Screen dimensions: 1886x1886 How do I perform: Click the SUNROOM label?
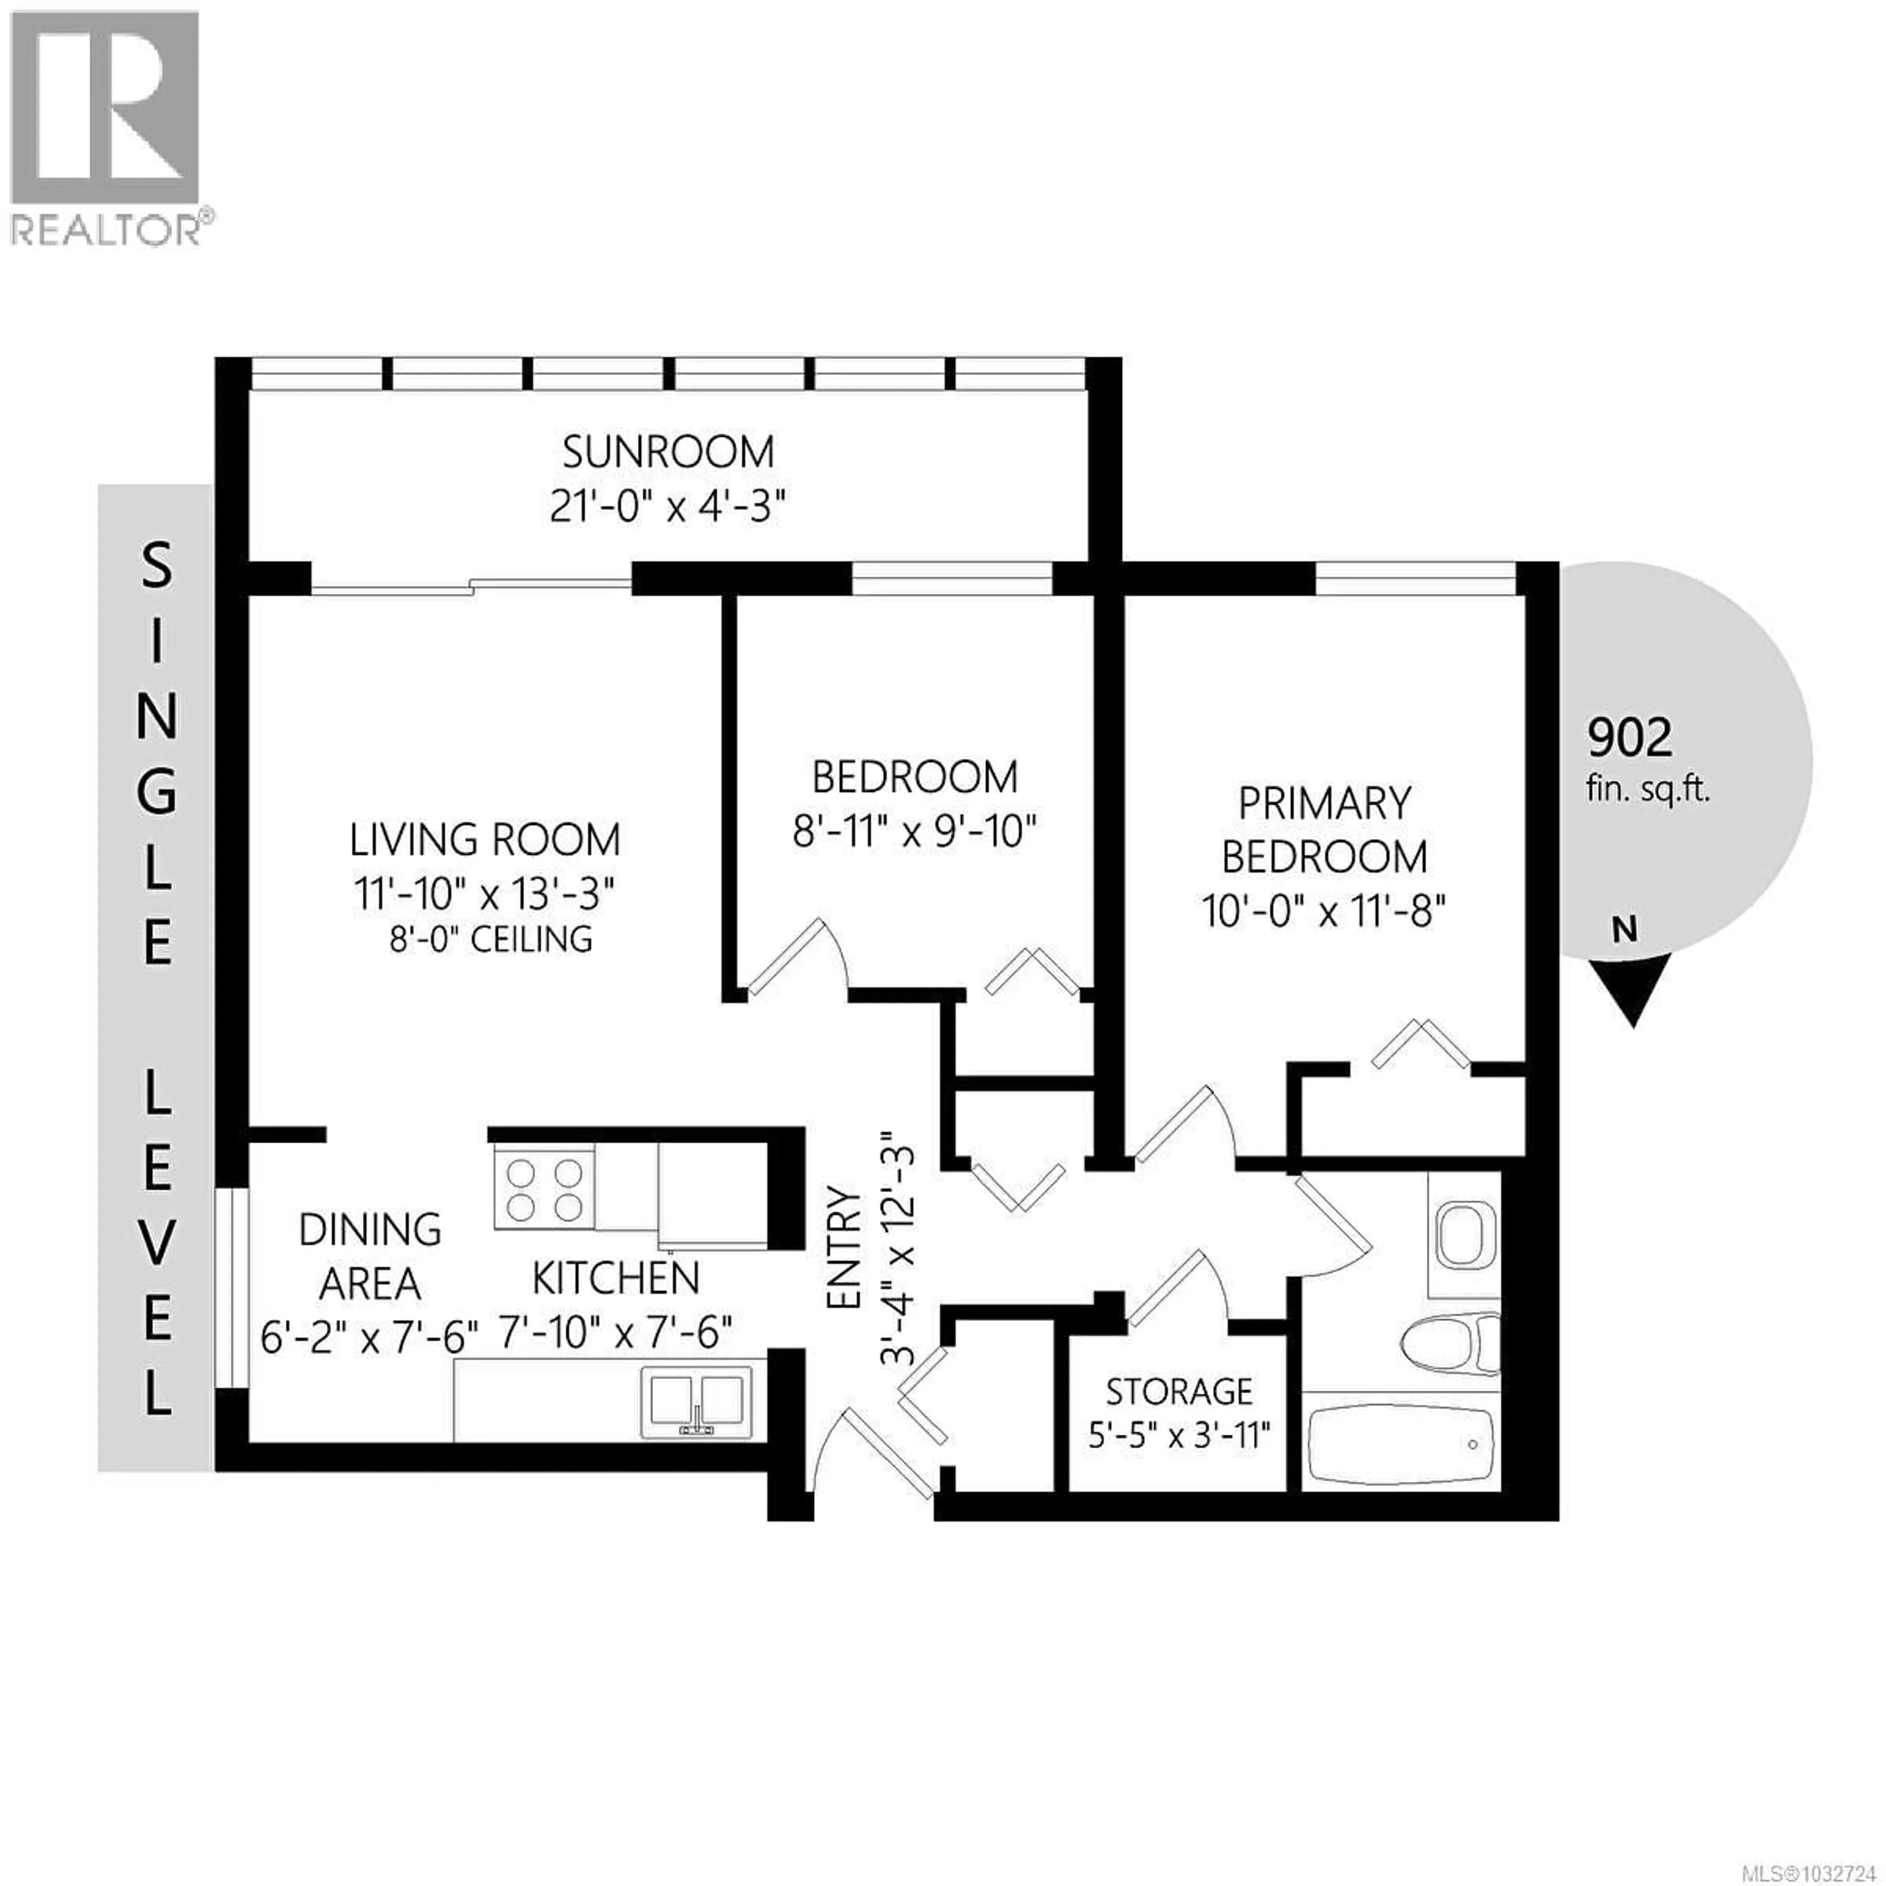pyautogui.click(x=668, y=452)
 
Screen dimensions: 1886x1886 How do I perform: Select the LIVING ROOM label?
pyautogui.click(x=485, y=839)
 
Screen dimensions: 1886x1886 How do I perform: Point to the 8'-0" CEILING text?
pyautogui.click(x=491, y=939)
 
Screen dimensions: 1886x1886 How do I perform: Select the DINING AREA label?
pyautogui.click(x=370, y=1256)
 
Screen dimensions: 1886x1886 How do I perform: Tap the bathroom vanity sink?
pyautogui.click(x=1464, y=1235)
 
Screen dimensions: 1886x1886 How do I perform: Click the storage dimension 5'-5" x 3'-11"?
pyautogui.click(x=1179, y=1435)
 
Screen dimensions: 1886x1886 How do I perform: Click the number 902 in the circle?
pyautogui.click(x=1630, y=739)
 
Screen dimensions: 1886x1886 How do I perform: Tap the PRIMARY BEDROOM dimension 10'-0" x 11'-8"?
pyautogui.click(x=1325, y=913)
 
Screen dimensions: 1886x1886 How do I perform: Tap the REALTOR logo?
pyautogui.click(x=106, y=127)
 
